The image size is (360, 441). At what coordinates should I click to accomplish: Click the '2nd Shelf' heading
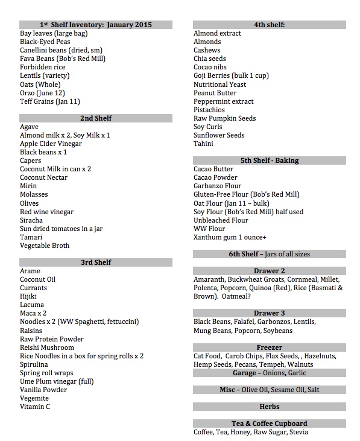click(96, 118)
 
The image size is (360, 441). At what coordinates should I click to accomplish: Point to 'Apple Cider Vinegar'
click(51, 144)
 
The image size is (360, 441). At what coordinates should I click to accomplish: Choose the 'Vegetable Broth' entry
click(45, 246)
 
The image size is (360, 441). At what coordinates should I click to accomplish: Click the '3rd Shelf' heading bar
click(96, 263)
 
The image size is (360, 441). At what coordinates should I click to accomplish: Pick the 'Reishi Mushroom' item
click(47, 348)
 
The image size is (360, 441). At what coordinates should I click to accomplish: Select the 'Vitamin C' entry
click(35, 407)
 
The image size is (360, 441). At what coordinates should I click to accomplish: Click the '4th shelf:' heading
click(269, 25)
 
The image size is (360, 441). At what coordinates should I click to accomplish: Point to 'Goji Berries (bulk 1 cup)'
click(231, 76)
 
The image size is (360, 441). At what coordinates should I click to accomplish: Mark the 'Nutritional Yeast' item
click(219, 85)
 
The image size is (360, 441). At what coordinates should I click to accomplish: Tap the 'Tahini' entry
click(203, 144)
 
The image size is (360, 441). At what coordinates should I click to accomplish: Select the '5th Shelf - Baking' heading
click(269, 161)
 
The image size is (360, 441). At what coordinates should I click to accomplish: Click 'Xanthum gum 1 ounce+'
click(227, 238)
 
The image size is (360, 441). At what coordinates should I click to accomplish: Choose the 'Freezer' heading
click(269, 348)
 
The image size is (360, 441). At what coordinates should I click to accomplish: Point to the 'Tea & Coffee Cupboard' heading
click(269, 424)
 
